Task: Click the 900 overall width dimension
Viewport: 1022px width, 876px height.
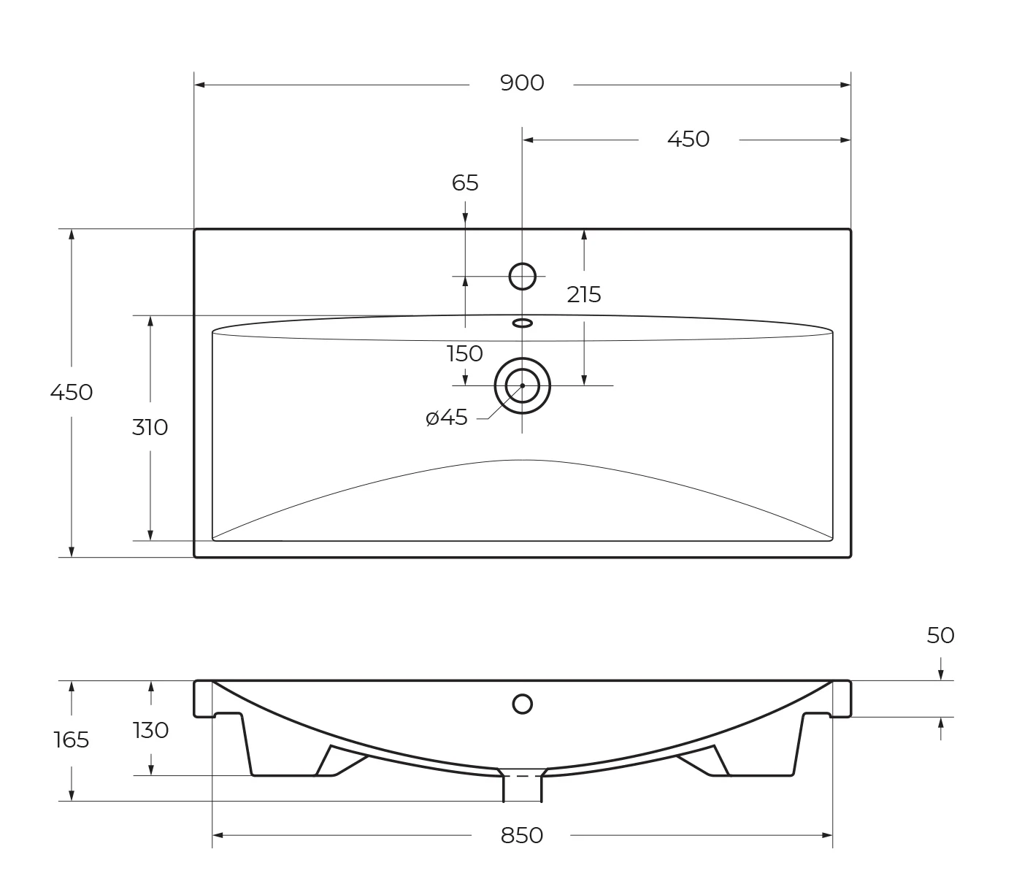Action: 522,83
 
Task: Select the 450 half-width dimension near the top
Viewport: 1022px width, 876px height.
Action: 688,139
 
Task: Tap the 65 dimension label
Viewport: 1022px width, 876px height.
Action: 465,183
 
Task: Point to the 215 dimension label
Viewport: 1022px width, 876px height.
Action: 584,295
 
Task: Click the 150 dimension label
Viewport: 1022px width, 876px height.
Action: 465,353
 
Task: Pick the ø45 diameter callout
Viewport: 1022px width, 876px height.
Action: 447,418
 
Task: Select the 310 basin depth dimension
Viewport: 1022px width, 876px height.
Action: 150,427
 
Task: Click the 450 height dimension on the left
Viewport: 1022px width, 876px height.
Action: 72,393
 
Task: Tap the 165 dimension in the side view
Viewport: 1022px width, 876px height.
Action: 72,740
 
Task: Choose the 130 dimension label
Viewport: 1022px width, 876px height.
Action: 151,730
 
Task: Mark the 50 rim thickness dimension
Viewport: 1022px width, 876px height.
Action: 940,636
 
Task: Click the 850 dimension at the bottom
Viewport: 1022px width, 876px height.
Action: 522,835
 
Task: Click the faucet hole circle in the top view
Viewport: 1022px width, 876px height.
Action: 523,277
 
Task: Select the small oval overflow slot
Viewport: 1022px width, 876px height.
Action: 523,323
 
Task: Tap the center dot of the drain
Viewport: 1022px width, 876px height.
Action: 523,385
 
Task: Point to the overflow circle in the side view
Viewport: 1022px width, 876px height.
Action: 523,704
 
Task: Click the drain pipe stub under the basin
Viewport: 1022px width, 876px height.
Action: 523,789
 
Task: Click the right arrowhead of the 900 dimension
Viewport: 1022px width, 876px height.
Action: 845,85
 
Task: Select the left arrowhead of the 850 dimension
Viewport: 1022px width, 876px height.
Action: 218,835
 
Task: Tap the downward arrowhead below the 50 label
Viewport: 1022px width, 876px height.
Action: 941,675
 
